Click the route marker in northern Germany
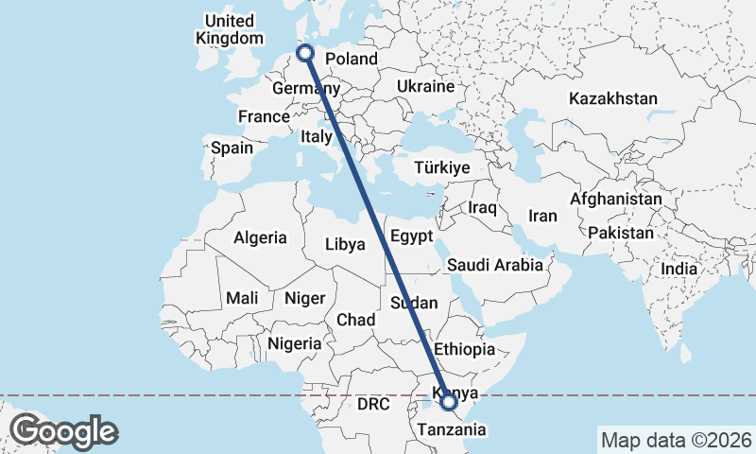click(305, 53)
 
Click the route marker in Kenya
click(450, 403)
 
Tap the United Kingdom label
click(230, 29)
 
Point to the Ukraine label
click(426, 86)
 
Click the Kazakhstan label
click(612, 98)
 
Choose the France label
click(263, 116)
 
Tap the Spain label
click(232, 148)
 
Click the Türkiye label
click(442, 167)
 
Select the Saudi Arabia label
click(495, 265)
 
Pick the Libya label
click(344, 244)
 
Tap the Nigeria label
click(294, 343)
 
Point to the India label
click(679, 269)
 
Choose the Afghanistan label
click(615, 200)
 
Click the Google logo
click(64, 431)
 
